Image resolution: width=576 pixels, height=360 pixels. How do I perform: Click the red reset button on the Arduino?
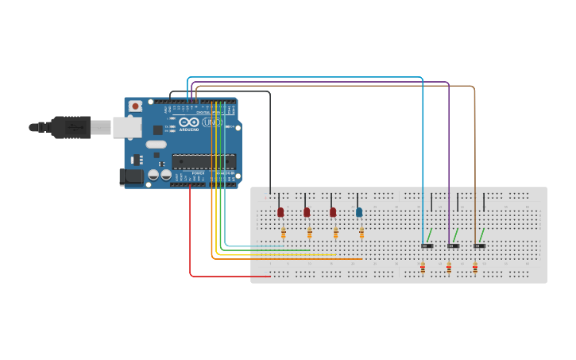pos(135,106)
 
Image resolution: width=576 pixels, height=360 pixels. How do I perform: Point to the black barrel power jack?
pos(131,176)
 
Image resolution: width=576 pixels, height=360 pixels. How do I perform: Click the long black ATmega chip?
pos(203,161)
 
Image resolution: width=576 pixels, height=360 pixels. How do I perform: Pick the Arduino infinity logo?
pos(188,122)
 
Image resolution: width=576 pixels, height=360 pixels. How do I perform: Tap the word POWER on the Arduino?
pos(198,173)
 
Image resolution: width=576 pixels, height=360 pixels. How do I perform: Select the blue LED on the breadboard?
pos(359,212)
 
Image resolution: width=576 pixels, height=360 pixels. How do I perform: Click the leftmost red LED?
pos(280,212)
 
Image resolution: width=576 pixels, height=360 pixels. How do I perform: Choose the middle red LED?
pos(307,212)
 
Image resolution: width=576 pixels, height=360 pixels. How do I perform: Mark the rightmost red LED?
pos(333,212)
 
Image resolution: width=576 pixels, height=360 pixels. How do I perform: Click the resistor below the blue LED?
pos(361,232)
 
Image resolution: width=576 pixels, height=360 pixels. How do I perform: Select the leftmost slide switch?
pos(427,246)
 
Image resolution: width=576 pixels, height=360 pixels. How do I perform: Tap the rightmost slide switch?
pos(479,246)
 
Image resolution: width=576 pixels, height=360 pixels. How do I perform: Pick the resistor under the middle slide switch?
pos(449,269)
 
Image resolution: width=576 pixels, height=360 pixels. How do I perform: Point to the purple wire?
pos(449,159)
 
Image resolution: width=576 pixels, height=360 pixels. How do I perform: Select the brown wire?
pos(475,159)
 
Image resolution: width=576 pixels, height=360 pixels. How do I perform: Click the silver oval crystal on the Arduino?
pos(157,145)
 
